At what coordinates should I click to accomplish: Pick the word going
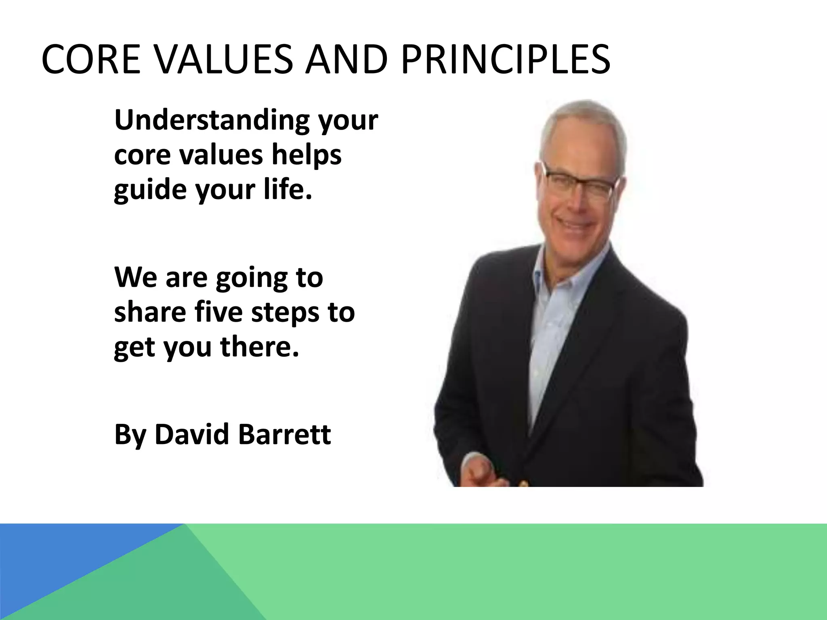point(246,279)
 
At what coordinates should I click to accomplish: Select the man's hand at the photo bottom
point(485,472)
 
